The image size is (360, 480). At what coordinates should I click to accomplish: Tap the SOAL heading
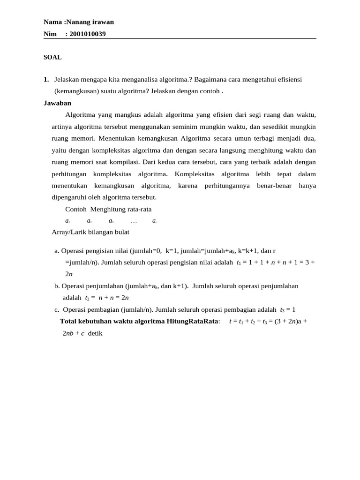(x=52, y=57)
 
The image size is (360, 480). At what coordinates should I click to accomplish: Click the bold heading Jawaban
(x=57, y=103)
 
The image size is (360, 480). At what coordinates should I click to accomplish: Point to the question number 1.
(x=46, y=80)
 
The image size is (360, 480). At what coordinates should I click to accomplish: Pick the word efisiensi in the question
(x=287, y=80)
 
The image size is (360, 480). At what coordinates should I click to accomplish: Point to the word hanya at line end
(x=307, y=186)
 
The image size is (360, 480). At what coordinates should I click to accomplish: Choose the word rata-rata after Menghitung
(x=136, y=209)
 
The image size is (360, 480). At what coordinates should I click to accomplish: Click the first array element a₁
(x=67, y=221)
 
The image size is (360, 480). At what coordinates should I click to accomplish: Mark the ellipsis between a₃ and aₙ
(x=134, y=221)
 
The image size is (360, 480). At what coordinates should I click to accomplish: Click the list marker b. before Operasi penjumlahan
(x=57, y=286)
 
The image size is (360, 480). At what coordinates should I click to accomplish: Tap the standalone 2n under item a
(x=69, y=274)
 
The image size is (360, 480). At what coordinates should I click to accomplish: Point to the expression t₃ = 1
(x=288, y=310)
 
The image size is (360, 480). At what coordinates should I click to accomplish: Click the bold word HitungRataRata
(x=193, y=322)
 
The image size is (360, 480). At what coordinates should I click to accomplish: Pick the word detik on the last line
(x=95, y=333)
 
